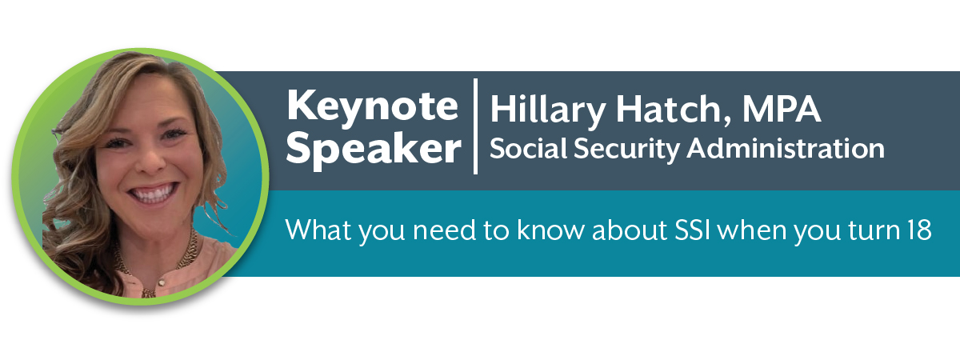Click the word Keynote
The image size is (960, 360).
(x=373, y=106)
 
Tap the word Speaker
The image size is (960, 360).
(x=374, y=150)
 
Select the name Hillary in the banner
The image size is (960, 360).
(x=548, y=111)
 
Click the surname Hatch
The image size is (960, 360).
(x=673, y=110)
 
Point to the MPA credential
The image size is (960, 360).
(x=782, y=110)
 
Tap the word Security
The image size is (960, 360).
(x=626, y=150)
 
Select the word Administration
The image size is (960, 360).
(x=786, y=148)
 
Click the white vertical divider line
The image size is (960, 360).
(x=475, y=126)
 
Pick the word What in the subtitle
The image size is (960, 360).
(x=318, y=230)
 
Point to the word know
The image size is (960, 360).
(x=550, y=230)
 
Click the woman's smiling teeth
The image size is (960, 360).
(x=154, y=194)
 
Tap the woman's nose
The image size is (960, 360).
(x=150, y=158)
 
